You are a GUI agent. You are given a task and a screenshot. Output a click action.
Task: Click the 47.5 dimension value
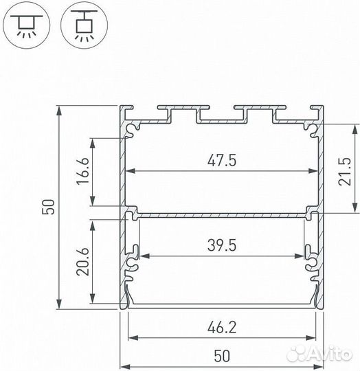tap(221, 160)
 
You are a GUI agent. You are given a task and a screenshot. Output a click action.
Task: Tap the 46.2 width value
tap(221, 328)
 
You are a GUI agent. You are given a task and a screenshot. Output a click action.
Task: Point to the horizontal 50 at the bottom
tap(221, 356)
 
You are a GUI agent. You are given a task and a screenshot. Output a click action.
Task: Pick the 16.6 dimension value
tap(82, 169)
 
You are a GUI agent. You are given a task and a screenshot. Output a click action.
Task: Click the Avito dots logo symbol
tap(300, 354)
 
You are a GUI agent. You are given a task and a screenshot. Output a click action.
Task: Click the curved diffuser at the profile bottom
tap(221, 304)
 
